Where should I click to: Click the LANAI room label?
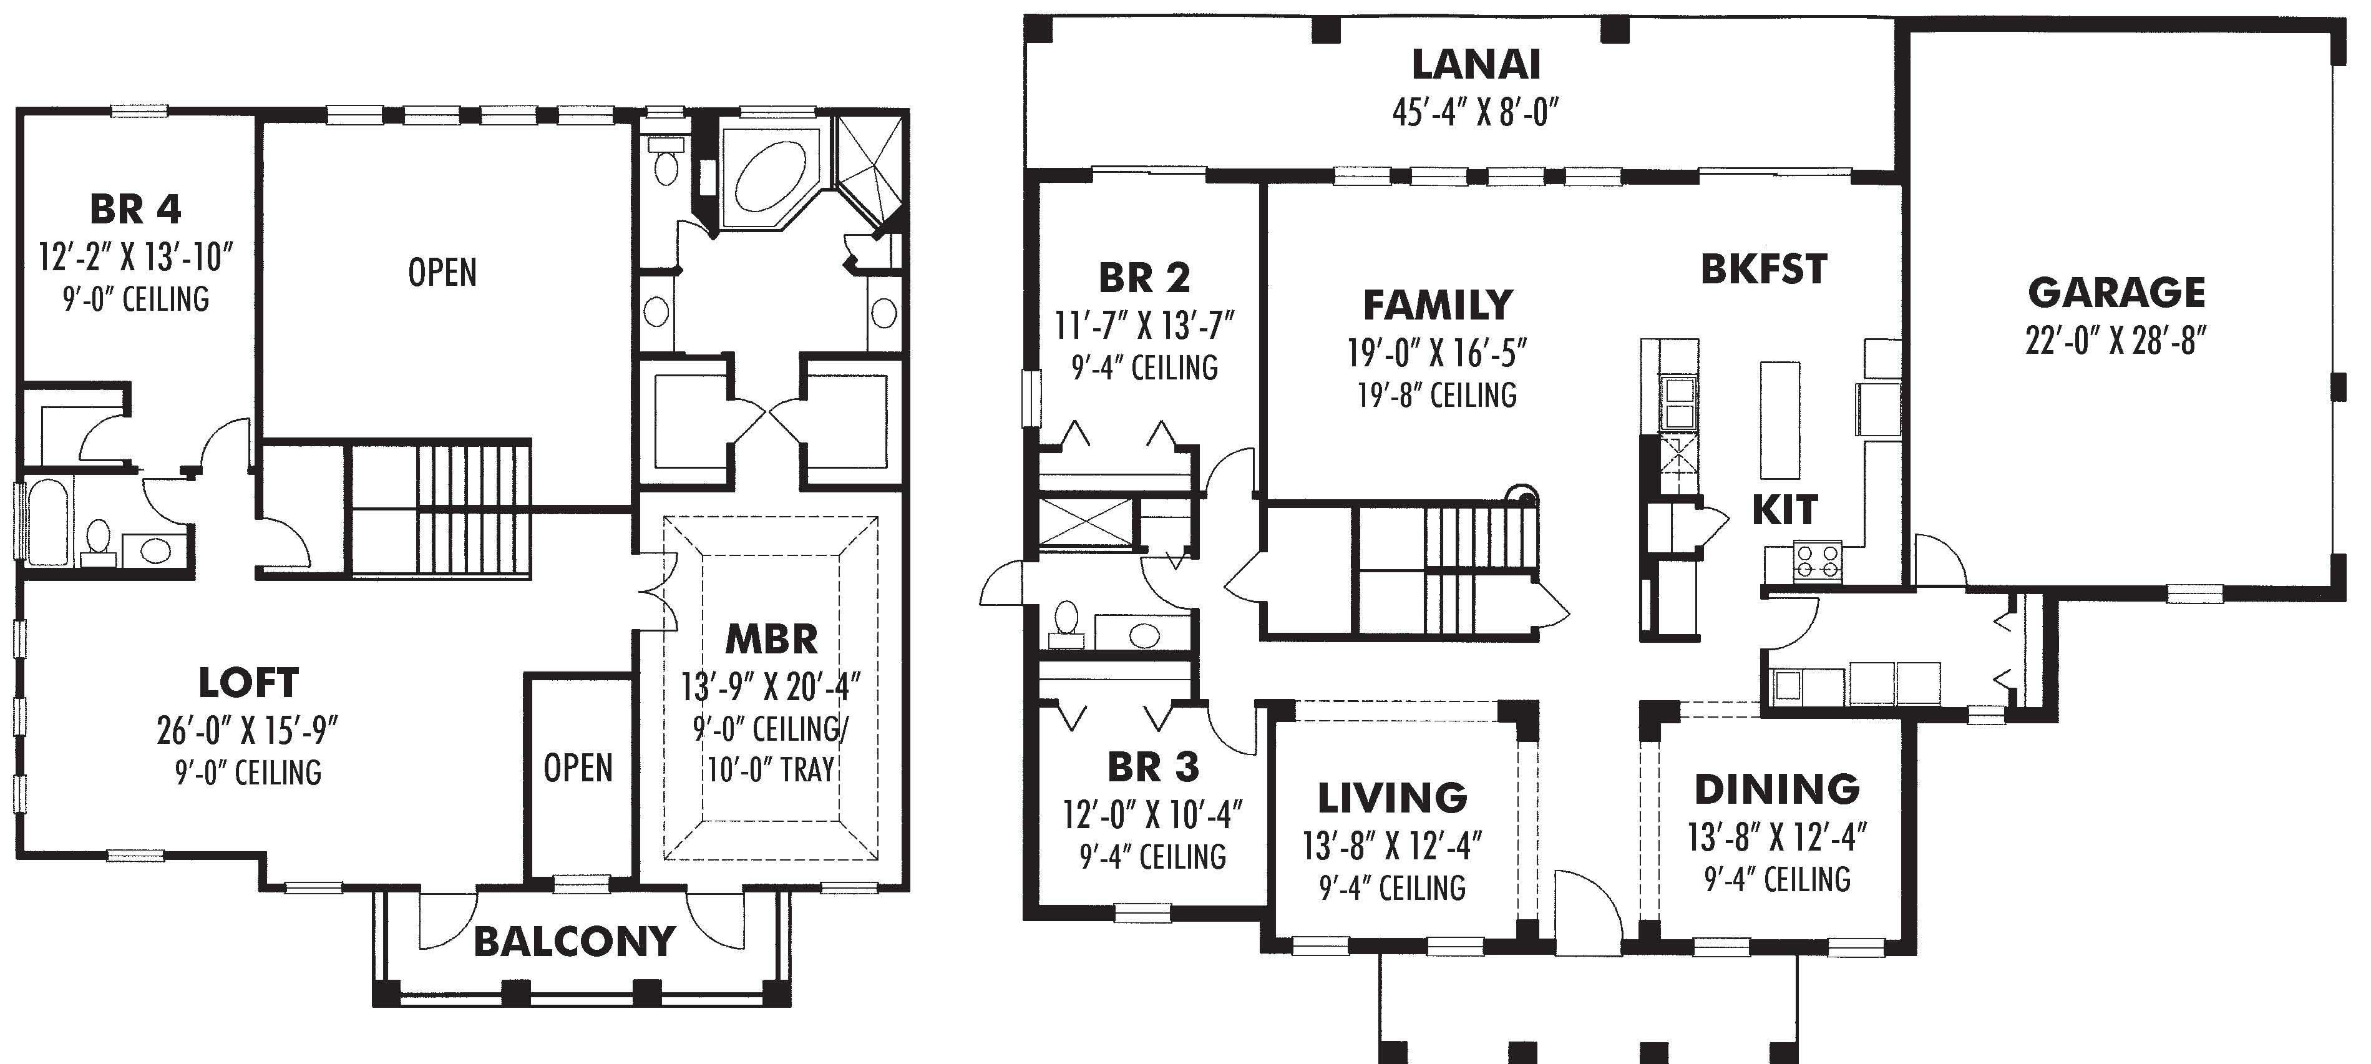[1476, 64]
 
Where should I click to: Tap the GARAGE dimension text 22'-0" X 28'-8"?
[2115, 341]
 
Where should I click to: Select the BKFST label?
[1763, 269]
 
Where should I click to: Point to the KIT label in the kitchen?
[1784, 509]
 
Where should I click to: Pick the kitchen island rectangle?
[1779, 420]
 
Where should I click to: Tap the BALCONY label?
[574, 940]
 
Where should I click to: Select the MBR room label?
[771, 638]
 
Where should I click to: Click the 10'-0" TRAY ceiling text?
[771, 769]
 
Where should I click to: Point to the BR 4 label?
[135, 209]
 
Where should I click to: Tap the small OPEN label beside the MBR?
[578, 768]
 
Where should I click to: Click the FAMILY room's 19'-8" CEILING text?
[1437, 395]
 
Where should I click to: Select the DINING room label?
[1776, 789]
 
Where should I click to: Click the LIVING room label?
[1391, 797]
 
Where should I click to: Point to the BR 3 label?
[1152, 766]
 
